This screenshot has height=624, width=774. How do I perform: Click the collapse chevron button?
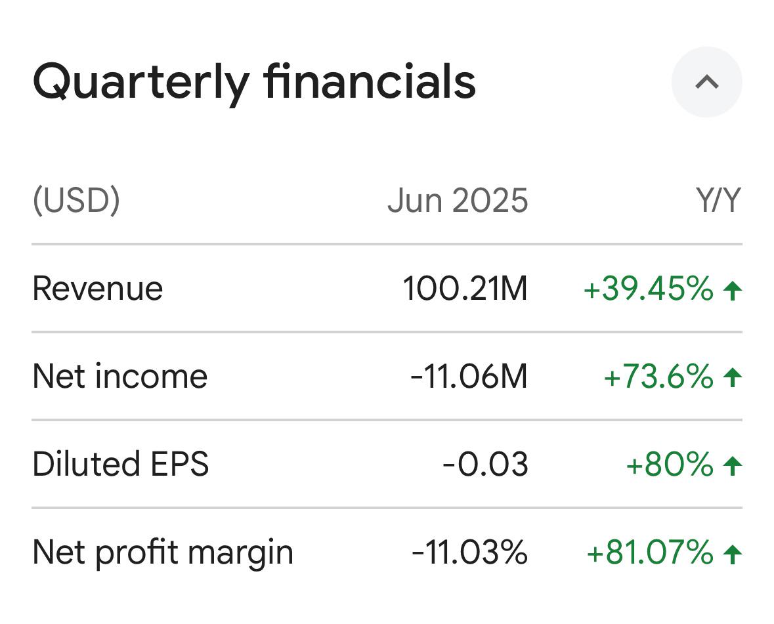(x=706, y=82)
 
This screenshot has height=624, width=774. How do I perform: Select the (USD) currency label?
(x=76, y=200)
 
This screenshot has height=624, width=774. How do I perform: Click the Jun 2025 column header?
(x=458, y=200)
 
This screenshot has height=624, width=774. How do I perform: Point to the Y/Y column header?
(x=718, y=200)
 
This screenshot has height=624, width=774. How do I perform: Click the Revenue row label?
(x=97, y=289)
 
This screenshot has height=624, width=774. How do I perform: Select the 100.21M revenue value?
(x=465, y=289)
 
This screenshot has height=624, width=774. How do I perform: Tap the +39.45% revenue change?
(x=648, y=289)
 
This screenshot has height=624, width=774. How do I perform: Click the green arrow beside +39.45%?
(x=732, y=289)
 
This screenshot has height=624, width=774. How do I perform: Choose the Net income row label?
(x=119, y=377)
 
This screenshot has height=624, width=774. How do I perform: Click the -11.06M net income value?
(x=469, y=377)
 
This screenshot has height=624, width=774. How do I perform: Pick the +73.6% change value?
(x=658, y=377)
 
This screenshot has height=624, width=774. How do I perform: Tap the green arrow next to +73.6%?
(x=732, y=377)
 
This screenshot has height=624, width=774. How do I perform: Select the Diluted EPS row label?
(x=120, y=465)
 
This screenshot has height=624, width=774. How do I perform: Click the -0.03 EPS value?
(x=485, y=465)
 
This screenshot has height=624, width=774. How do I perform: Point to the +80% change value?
(x=670, y=465)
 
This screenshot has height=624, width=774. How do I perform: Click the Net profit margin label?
(x=162, y=552)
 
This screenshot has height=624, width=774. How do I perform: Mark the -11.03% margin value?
(x=469, y=552)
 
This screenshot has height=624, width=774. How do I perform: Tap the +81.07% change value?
(x=649, y=552)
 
